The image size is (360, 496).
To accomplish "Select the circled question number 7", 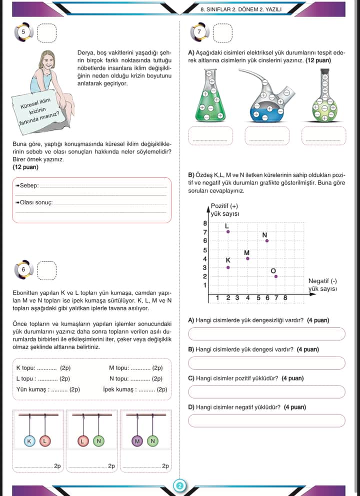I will pyautogui.click(x=200, y=31).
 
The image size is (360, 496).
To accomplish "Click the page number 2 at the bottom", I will pyautogui.click(x=179, y=486).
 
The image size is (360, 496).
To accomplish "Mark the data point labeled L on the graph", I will pyautogui.click(x=228, y=231).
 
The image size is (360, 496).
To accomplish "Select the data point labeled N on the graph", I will pyautogui.click(x=267, y=241).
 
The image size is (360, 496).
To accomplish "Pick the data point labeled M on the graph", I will pyautogui.click(x=247, y=258).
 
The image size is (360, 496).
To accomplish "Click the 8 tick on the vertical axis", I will pyautogui.click(x=204, y=223).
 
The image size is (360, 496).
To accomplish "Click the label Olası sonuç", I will pyautogui.click(x=34, y=203).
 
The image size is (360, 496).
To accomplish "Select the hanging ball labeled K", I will pyautogui.click(x=29, y=441).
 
